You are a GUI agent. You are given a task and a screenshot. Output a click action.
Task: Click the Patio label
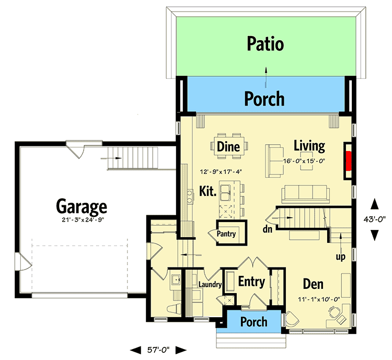click(266, 44)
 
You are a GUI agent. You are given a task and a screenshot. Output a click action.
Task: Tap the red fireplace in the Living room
click(348, 160)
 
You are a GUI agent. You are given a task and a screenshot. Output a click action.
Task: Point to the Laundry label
click(210, 285)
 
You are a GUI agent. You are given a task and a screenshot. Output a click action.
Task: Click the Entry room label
click(251, 282)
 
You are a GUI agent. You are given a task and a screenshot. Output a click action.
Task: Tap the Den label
click(313, 285)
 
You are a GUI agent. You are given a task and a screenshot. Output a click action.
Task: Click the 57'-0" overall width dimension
click(158, 349)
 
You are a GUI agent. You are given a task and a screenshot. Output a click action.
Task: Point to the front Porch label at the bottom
click(253, 322)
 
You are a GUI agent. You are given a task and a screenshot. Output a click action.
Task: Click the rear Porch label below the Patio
click(266, 98)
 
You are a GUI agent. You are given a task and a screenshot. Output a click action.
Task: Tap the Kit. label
click(207, 191)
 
